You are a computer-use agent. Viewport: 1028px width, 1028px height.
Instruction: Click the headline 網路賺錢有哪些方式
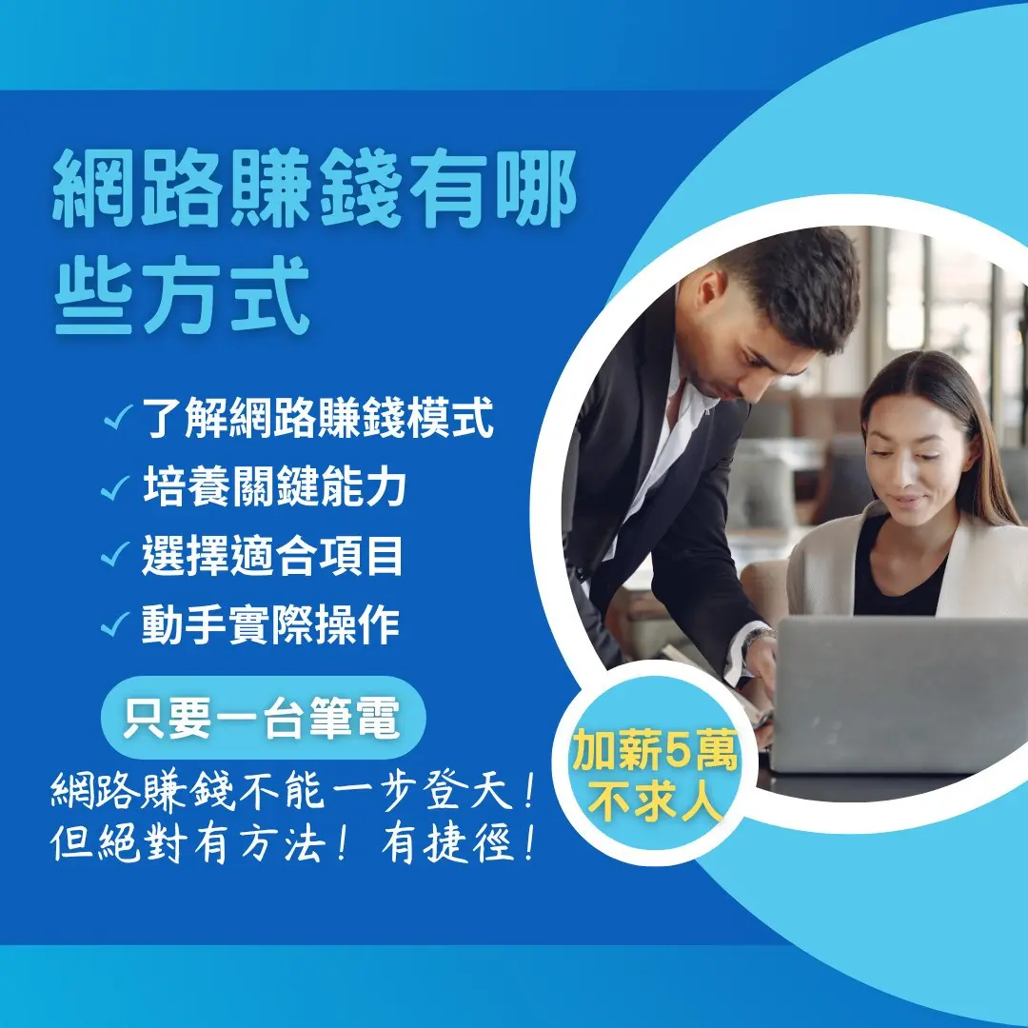pos(315,241)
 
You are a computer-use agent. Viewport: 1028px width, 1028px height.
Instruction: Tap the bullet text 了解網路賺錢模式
pos(317,417)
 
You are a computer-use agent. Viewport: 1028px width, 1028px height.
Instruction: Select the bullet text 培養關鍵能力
pos(274,486)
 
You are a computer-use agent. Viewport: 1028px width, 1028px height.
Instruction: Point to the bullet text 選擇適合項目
pos(272,555)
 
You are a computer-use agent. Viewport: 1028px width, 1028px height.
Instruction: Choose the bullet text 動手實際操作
pos(270,623)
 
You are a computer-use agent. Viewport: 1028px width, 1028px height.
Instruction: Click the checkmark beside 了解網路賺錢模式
pos(119,417)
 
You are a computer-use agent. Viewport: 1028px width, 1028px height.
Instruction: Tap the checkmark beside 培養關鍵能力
pos(115,487)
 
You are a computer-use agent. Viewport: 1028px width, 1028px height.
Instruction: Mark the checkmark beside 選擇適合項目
pos(115,554)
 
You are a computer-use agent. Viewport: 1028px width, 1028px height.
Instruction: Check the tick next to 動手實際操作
pos(115,623)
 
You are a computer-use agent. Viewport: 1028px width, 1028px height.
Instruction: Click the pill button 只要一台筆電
pos(264,718)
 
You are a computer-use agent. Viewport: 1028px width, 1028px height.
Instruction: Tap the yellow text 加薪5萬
pos(655,751)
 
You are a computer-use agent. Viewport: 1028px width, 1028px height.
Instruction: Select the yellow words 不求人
pos(655,801)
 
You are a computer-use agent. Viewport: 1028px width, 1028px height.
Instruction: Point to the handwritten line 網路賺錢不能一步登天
pos(295,791)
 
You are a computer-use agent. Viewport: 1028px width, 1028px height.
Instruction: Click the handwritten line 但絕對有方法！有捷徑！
pos(295,843)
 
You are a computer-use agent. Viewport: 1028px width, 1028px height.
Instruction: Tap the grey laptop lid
pos(899,695)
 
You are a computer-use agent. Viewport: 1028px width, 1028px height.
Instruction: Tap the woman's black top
pos(899,570)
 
